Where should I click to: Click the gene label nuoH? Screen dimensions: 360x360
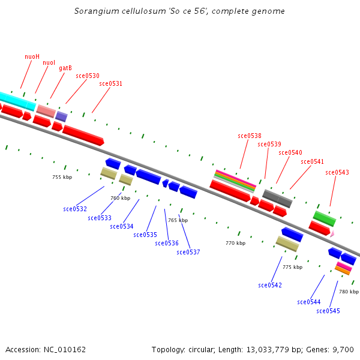(x=32, y=56)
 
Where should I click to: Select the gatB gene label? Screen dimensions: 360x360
(x=65, y=68)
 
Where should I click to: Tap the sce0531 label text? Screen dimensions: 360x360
(x=111, y=84)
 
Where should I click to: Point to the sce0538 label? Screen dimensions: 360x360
(x=250, y=136)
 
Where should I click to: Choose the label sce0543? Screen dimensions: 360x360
(x=337, y=173)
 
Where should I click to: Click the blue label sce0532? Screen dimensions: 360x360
(x=75, y=209)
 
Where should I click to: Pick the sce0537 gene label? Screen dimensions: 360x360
(x=188, y=252)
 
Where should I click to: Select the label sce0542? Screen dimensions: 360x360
(x=270, y=285)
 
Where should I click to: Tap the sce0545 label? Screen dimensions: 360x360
(x=328, y=311)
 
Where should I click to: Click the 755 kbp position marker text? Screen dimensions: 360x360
(x=62, y=177)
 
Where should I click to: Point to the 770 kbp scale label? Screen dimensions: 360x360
(x=235, y=243)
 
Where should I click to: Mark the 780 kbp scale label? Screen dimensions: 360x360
(x=349, y=292)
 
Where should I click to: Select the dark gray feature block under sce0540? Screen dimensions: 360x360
(x=277, y=197)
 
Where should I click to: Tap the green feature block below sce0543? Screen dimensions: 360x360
(x=325, y=218)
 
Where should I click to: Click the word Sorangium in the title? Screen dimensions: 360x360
(x=94, y=11)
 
